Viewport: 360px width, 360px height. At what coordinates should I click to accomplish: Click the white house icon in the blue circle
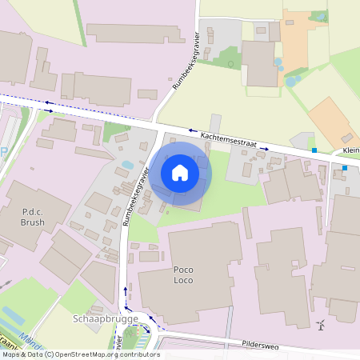(180, 173)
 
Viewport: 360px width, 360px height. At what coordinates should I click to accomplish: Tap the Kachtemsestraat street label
(228, 140)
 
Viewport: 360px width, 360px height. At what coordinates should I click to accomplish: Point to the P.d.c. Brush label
(33, 218)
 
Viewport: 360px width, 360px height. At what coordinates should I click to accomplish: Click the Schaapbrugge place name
(106, 318)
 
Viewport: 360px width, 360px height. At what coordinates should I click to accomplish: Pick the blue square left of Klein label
(314, 150)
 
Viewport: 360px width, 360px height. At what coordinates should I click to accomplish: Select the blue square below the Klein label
(345, 168)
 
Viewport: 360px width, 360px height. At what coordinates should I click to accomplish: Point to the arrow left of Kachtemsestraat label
(191, 130)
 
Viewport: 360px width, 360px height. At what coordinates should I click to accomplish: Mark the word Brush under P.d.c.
(33, 223)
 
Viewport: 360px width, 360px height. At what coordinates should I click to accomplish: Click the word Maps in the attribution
(11, 354)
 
